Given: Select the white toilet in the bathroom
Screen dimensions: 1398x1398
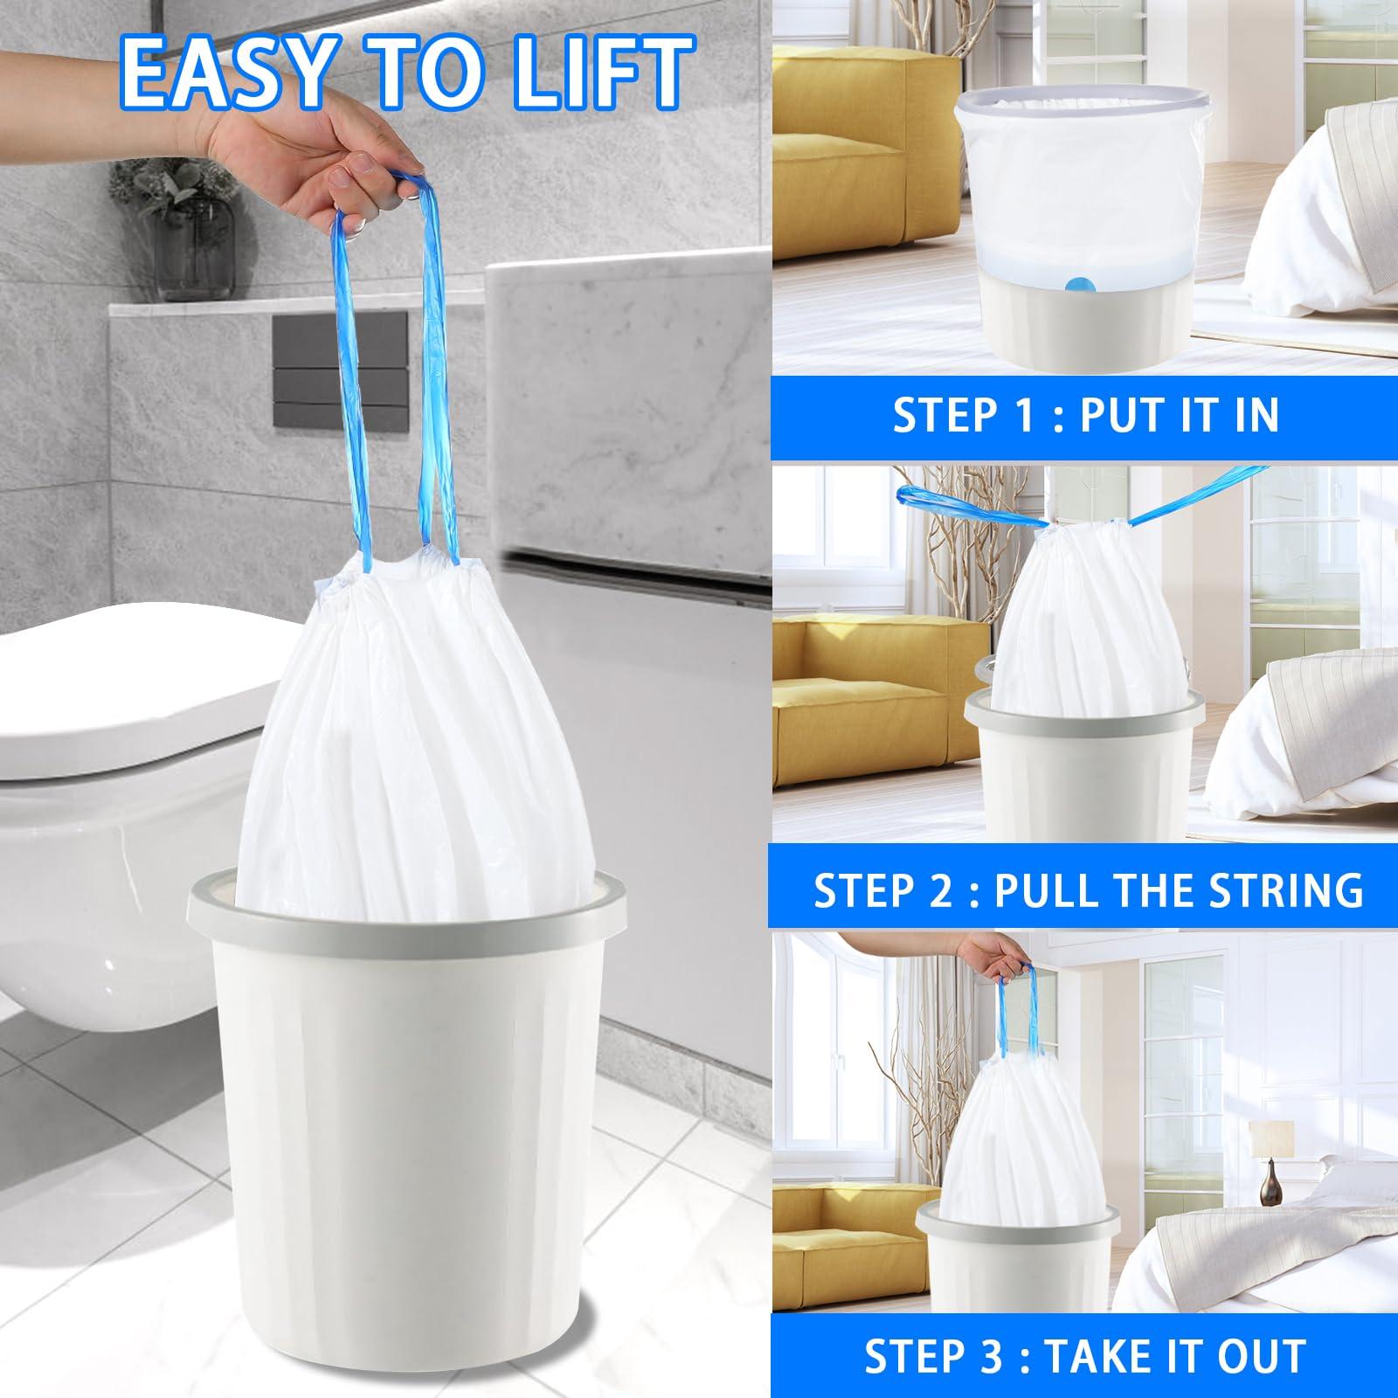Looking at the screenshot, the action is click(96, 716).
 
